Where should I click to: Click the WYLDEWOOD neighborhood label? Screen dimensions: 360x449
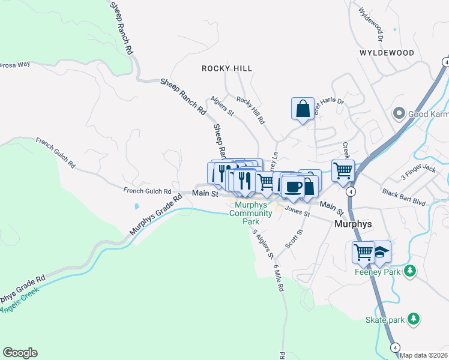coord(387,53)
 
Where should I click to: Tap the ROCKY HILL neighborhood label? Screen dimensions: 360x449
coord(227,68)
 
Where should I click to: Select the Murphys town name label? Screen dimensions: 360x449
coord(352,224)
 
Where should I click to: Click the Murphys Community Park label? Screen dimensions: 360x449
coord(252,213)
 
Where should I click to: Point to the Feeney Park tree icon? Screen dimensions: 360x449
coord(410,271)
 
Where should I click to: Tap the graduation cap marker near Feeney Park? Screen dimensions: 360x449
coord(380,252)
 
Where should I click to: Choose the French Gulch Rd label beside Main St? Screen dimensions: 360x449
coord(148,191)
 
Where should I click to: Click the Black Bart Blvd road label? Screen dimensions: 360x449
coord(403,197)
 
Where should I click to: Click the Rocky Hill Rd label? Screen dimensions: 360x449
coord(250,110)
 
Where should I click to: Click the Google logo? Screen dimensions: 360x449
coord(20,353)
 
